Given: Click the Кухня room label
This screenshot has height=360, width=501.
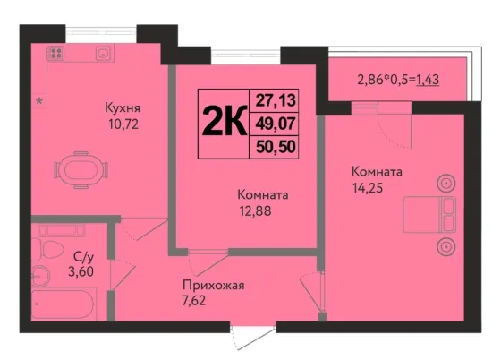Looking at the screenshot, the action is pos(123,107).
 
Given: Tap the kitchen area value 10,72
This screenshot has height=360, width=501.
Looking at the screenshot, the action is pos(123,124).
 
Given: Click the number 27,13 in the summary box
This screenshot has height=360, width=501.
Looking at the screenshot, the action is pos(276,100).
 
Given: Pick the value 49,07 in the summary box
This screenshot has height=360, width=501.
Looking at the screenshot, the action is pos(276,124).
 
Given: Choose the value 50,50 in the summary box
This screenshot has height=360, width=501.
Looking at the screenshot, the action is pos(276,147).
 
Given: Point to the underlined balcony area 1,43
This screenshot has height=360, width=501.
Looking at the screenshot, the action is pos(429,80).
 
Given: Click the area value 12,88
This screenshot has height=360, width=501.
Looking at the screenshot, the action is pos(256,211).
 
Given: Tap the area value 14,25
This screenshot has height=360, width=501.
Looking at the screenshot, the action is pos(368,188).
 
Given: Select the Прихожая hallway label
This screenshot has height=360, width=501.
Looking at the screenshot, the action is pos(214,285).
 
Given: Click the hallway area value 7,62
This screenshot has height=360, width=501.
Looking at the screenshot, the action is pos(194,301).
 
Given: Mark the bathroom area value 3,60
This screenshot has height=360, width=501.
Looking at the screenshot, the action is pos(81,271).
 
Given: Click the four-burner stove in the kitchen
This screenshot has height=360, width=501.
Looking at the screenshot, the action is pos(55,53).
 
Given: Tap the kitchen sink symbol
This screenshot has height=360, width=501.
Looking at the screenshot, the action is pos(104,53).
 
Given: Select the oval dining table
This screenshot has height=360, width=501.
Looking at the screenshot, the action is pos(81,170).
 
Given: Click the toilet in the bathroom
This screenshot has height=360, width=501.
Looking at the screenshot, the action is pos(48,249).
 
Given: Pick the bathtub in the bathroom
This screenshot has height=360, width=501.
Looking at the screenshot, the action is pos(64,304).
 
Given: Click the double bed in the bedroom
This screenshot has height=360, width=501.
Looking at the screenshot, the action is pos(429,215).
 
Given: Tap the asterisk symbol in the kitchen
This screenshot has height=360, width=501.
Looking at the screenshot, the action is pos(39,102).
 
